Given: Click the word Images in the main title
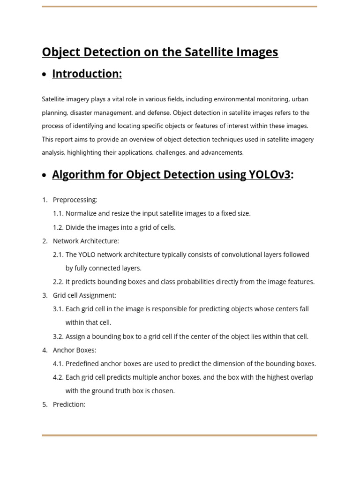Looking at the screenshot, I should coord(257,52).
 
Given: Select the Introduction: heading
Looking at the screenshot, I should coord(87,74).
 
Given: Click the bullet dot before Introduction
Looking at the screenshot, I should coord(44,75).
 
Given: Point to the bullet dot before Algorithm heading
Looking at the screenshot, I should coord(44,176).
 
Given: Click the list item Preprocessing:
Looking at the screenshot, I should coord(75,200).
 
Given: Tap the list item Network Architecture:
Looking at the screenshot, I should coord(86,241).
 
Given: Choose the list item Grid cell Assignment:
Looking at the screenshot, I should coord(84,295).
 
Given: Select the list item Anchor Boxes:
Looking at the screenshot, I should coord(75,350).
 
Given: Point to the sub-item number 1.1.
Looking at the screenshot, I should coord(58,214).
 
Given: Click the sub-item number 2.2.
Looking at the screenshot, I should coord(58,282).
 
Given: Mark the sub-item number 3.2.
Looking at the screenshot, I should coord(58,337).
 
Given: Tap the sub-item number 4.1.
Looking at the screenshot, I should coord(58,364).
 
